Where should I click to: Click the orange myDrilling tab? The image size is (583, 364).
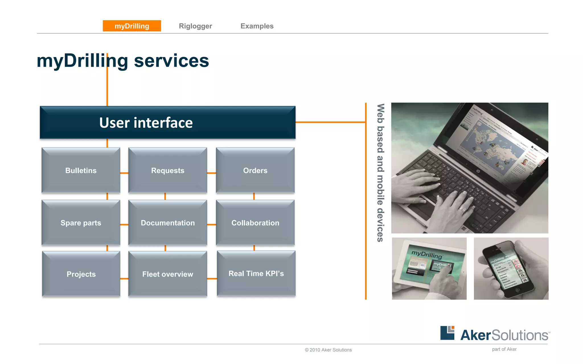tap(132, 26)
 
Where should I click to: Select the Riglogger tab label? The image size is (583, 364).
tap(195, 26)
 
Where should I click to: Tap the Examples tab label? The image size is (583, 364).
tap(257, 26)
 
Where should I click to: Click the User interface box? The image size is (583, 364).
tap(167, 123)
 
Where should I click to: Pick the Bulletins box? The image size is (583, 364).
tap(81, 170)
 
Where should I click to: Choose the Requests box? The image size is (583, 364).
tap(168, 170)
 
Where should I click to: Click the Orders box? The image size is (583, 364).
tap(255, 170)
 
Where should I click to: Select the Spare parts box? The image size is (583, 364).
tap(81, 223)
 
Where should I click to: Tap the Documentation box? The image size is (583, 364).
tap(168, 223)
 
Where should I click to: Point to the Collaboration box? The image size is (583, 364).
tap(255, 223)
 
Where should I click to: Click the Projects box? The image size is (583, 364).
tap(81, 274)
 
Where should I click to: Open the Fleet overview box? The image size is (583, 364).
tap(168, 274)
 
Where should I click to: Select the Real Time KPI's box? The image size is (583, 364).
tap(256, 273)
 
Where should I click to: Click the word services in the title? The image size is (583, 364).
tap(171, 61)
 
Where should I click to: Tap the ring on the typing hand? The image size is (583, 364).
tap(463, 210)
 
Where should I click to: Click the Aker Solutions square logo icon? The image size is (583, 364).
tap(447, 333)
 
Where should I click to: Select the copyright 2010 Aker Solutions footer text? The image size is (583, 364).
tap(328, 350)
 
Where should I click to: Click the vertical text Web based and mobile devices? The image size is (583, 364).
tap(380, 173)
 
